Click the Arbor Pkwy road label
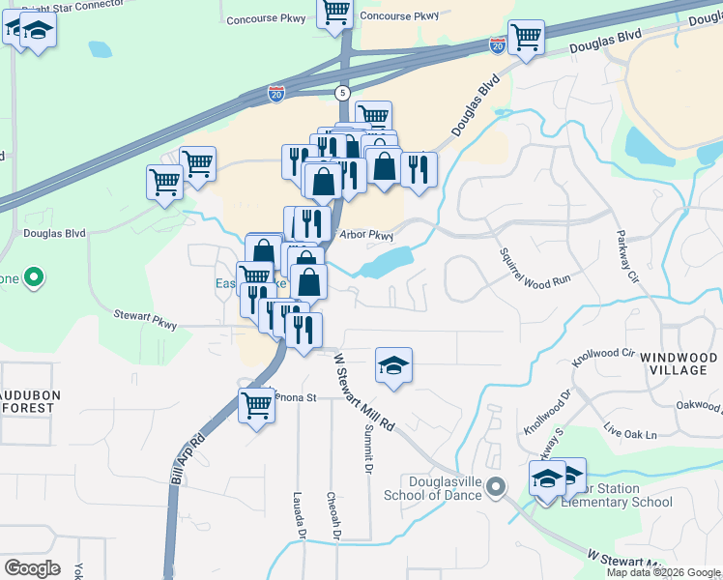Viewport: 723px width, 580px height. point(366,235)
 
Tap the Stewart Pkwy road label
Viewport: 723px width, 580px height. point(145,320)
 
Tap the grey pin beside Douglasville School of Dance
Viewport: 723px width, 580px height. point(497,486)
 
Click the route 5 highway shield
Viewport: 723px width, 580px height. point(342,93)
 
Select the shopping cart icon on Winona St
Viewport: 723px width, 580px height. point(256,404)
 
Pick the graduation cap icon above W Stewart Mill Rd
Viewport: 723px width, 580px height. point(393,364)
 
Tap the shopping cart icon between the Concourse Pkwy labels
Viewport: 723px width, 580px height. point(334,13)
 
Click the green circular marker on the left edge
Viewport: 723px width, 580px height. point(35,278)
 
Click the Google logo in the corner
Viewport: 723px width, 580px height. point(32,568)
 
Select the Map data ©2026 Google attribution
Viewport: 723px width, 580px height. point(664,572)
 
